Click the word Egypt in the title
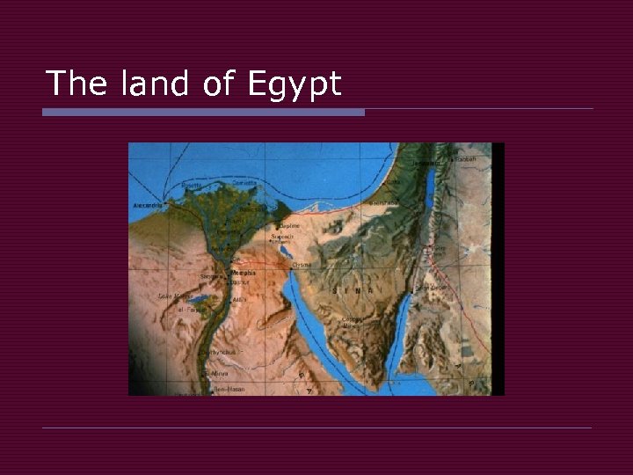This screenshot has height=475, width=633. coord(295,84)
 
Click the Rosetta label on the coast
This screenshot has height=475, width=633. coord(191,186)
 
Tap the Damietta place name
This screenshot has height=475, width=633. coord(245,183)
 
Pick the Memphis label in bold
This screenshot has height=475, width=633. coord(244,273)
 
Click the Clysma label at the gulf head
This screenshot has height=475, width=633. coord(301,263)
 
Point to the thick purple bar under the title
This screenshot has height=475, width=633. coord(203,112)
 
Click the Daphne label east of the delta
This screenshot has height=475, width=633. coord(289,225)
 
